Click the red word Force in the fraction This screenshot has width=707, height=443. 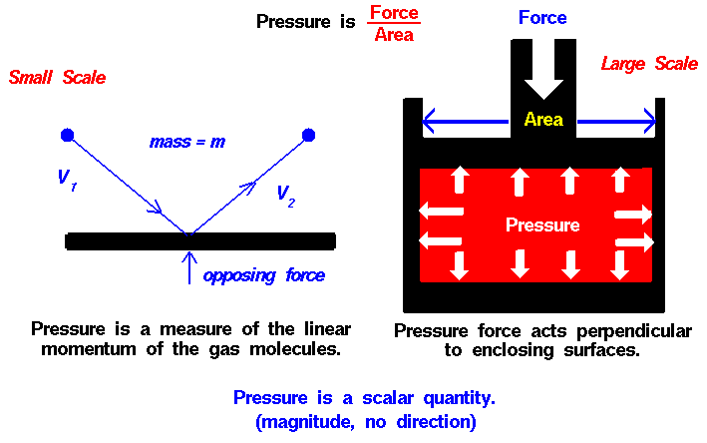394,13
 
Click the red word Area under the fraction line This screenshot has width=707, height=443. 394,34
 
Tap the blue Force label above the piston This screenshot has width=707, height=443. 542,18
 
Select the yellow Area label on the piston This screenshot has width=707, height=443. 543,120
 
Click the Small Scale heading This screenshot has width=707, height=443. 57,77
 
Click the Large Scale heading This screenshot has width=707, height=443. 649,64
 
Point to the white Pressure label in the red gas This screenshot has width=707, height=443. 542,224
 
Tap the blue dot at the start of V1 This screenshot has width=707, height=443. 67,135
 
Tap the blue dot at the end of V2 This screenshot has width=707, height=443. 308,135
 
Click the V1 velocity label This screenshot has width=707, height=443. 68,180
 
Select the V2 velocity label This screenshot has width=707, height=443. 286,197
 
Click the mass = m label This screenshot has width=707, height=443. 187,142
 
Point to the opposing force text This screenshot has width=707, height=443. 264,275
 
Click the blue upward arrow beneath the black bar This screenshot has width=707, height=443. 189,268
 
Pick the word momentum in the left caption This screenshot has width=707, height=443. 89,349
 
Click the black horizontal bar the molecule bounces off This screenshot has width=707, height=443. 200,241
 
